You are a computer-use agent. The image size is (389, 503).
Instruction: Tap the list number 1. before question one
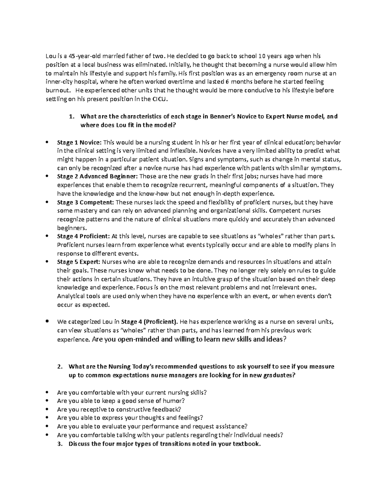pos(72,117)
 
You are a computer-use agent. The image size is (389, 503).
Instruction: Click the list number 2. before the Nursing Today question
pos(59,367)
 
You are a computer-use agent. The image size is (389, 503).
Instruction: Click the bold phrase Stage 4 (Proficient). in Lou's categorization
pos(149,322)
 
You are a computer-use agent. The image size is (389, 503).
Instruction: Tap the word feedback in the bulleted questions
pos(168,409)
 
